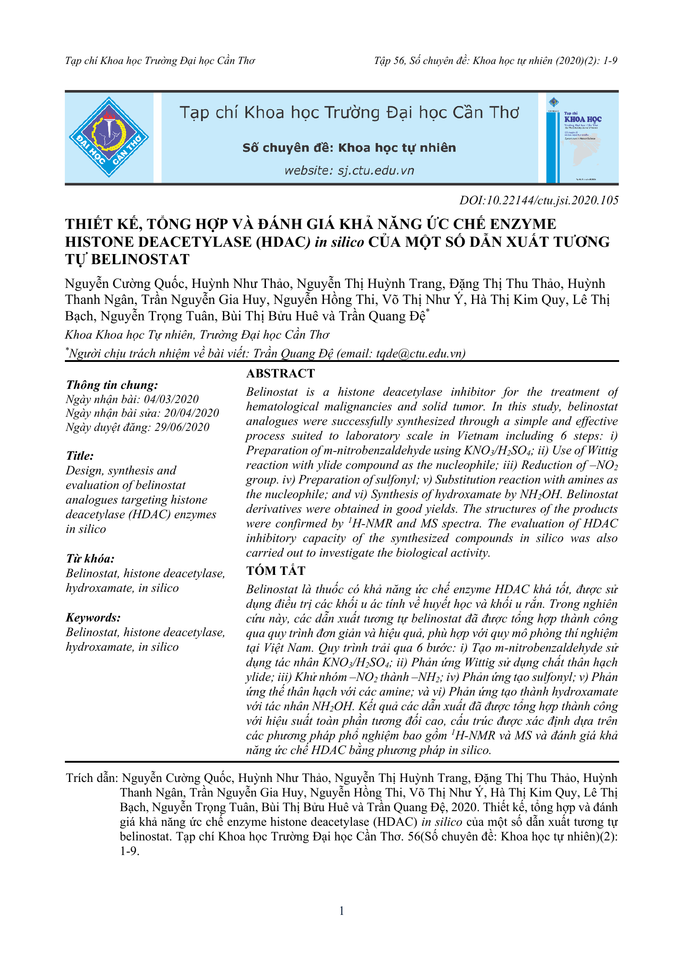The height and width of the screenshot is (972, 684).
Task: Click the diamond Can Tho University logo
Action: (x=109, y=137)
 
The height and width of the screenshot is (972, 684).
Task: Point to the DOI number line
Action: (x=539, y=200)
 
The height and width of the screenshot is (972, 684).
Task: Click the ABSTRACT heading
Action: (x=281, y=373)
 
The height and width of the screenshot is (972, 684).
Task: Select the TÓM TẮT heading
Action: (x=276, y=570)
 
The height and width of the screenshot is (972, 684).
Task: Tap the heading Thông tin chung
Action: (x=112, y=385)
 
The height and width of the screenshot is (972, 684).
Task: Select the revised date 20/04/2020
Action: (x=191, y=413)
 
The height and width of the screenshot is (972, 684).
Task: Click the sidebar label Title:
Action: (x=80, y=456)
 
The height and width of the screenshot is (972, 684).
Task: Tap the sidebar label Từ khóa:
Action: (x=90, y=558)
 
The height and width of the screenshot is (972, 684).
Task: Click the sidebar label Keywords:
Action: (x=93, y=617)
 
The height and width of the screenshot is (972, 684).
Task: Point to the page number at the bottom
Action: (x=342, y=911)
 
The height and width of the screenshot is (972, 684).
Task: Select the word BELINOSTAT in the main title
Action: (x=140, y=260)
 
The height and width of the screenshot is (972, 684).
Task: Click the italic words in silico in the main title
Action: (x=339, y=242)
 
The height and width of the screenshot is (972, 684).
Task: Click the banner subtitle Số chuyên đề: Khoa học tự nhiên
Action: (x=349, y=148)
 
